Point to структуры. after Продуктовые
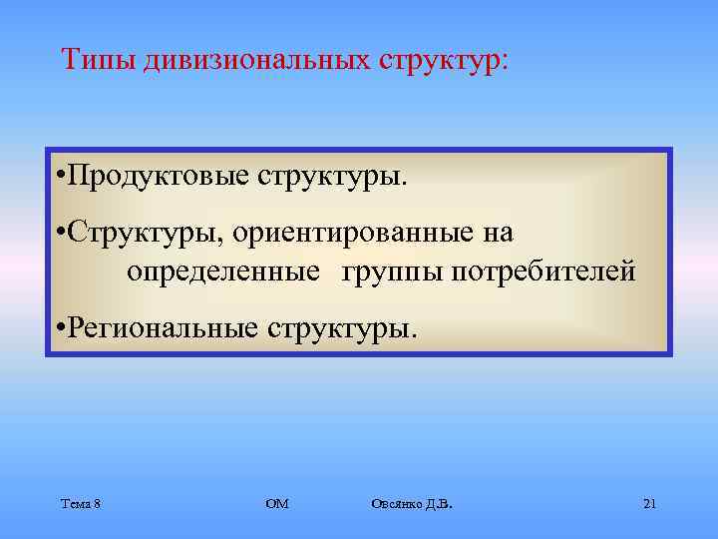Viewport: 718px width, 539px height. [333, 178]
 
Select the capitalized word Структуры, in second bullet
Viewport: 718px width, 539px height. [147, 234]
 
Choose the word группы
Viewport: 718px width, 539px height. [388, 271]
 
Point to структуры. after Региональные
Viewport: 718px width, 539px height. [341, 326]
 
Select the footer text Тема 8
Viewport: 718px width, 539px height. [80, 504]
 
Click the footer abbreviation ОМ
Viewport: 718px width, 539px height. [277, 504]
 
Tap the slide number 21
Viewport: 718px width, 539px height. [649, 504]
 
